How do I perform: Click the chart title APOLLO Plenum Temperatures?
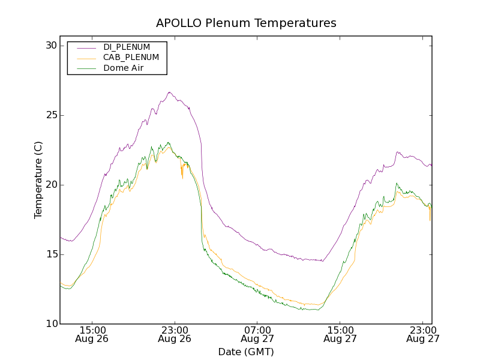(246, 23)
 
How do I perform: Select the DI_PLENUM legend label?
(127, 47)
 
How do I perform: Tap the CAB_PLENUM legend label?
(131, 58)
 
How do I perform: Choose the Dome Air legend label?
(123, 68)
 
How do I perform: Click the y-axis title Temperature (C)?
(38, 180)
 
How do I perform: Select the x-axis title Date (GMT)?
(246, 352)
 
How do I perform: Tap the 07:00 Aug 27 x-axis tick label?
(257, 334)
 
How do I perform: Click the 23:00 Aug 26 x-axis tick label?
(175, 334)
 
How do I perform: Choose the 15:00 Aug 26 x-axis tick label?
(92, 334)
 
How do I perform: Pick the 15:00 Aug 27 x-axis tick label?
(340, 334)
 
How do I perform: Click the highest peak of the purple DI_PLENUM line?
(170, 92)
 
